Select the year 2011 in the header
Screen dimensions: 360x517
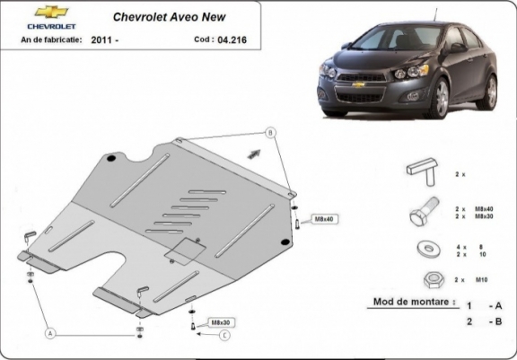102,40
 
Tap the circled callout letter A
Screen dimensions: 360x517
51,333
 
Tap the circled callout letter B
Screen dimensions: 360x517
270,133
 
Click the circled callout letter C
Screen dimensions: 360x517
224,336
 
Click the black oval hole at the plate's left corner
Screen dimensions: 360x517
110,160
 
